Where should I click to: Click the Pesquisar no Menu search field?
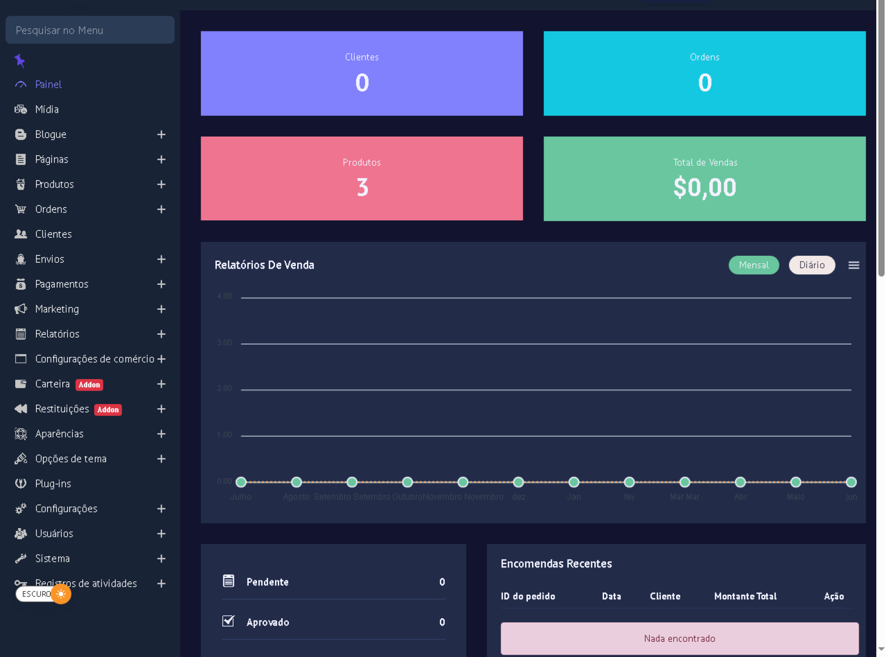click(x=90, y=30)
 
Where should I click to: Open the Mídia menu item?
click(x=47, y=109)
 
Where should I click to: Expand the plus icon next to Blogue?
click(x=161, y=134)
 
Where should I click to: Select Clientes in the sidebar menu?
click(x=53, y=234)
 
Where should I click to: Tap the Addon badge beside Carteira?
click(x=89, y=385)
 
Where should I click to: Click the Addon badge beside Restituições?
click(x=108, y=410)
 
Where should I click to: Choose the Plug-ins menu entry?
click(x=53, y=483)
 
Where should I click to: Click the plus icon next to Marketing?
click(x=161, y=309)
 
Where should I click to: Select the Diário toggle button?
click(x=811, y=265)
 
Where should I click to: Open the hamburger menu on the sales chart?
click(x=853, y=265)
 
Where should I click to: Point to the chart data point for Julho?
click(x=241, y=482)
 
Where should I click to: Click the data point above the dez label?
click(x=518, y=482)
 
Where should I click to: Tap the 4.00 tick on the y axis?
click(x=224, y=296)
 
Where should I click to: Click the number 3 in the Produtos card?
click(x=362, y=187)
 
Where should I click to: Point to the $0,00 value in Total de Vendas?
click(x=704, y=187)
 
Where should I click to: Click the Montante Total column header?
click(x=745, y=596)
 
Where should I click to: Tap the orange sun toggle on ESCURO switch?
click(x=61, y=594)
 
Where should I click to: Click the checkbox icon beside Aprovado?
click(x=228, y=621)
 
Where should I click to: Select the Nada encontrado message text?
click(x=679, y=639)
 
